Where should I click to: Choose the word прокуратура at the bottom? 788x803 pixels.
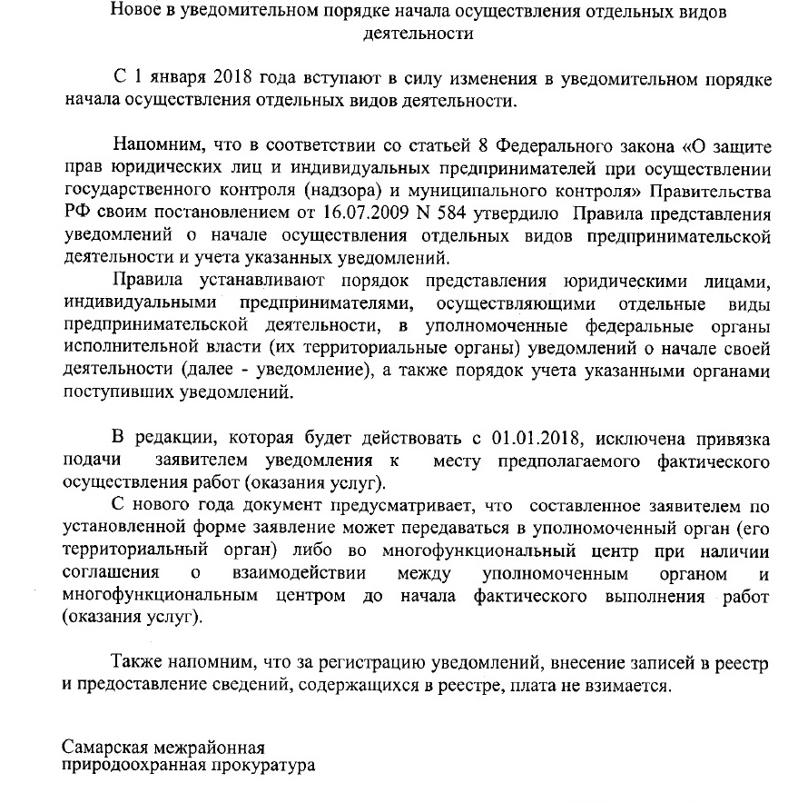pyautogui.click(x=264, y=766)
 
